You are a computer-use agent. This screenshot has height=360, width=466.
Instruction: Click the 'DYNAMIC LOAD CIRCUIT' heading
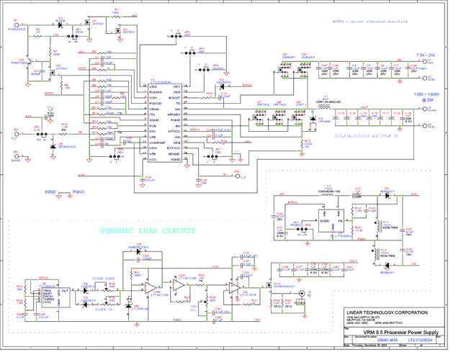(x=148, y=231)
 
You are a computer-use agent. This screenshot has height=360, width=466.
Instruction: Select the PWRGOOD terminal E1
(x=17, y=25)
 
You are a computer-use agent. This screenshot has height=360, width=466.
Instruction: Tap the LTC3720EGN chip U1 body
(x=168, y=122)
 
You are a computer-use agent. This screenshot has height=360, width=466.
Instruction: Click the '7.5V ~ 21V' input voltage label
(x=425, y=55)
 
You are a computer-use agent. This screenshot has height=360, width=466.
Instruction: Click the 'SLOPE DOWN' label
(x=103, y=277)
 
